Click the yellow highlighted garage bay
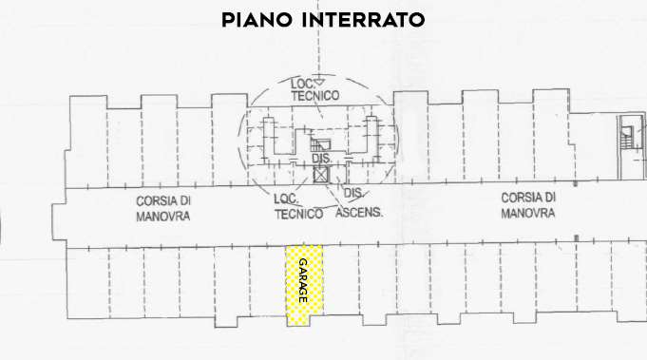click(304, 286)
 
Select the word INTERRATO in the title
click(365, 20)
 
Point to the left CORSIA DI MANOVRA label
click(163, 209)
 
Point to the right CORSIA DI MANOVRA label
click(528, 204)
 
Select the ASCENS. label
click(359, 214)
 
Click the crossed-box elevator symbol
click(321, 176)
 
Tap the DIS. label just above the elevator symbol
click(321, 159)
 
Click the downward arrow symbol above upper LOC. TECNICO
click(320, 82)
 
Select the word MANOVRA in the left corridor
click(163, 217)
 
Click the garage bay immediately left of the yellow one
click(267, 286)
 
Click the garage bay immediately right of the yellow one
click(341, 286)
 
